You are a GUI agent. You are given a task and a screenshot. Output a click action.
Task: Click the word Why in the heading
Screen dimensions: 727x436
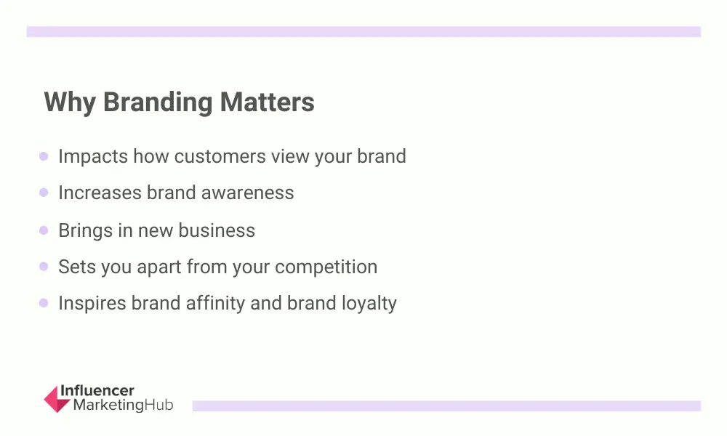(70, 102)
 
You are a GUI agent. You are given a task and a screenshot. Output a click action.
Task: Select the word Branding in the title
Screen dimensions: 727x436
(158, 102)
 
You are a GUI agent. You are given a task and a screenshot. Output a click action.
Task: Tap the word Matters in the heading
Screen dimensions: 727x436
(267, 102)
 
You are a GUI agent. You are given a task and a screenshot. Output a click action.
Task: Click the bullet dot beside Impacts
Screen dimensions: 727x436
(44, 156)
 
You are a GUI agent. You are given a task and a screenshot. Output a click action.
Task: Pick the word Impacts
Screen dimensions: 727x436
(93, 157)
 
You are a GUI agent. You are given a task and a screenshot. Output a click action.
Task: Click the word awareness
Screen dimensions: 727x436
(247, 193)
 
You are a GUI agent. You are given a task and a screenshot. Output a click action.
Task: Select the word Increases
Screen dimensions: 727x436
(100, 193)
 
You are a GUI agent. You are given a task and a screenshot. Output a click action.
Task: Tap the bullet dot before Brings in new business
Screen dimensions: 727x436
(44, 230)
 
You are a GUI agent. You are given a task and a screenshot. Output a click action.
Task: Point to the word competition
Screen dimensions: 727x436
(326, 267)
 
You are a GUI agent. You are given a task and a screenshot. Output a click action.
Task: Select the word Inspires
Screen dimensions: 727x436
(92, 304)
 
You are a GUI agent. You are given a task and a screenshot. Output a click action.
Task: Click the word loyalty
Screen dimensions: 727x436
(369, 304)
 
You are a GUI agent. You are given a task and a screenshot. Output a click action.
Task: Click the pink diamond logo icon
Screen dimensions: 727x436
(57, 399)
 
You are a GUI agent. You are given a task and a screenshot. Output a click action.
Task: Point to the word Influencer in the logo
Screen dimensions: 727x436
(97, 391)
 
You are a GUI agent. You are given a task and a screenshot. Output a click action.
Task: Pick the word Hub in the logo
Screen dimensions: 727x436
(159, 405)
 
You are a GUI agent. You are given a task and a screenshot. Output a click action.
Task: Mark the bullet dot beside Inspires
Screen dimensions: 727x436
(44, 303)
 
